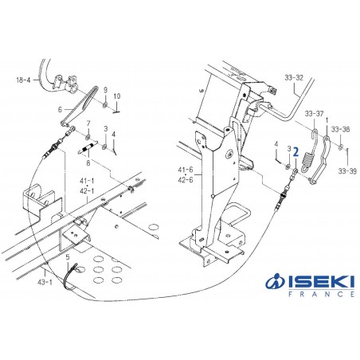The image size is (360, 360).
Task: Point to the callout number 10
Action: [x=116, y=96]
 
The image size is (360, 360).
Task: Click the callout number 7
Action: [x=89, y=123]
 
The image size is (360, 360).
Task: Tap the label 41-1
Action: [x=88, y=182]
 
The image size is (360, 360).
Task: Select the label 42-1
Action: [x=88, y=190]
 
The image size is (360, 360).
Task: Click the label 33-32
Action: [x=294, y=77]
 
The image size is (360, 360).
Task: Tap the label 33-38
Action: [x=340, y=128]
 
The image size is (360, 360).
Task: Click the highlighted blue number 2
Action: [x=295, y=149]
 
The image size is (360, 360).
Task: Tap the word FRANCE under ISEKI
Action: [x=320, y=294]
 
